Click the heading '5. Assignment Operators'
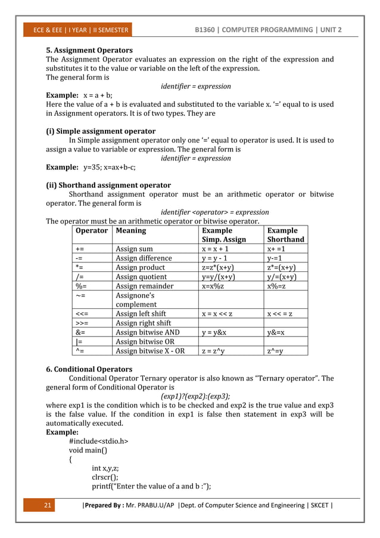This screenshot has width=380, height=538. pos(89,50)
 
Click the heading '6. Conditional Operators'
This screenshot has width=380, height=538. pos(89,369)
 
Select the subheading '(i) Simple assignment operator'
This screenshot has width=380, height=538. pos(101,131)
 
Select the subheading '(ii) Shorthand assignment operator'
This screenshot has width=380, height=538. pos(108,185)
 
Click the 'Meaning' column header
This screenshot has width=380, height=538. pos(130,230)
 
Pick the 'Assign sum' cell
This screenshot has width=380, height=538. pos(134,249)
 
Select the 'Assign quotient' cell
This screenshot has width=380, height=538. pos(141,277)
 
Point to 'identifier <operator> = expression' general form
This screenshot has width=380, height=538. pos(214,212)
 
